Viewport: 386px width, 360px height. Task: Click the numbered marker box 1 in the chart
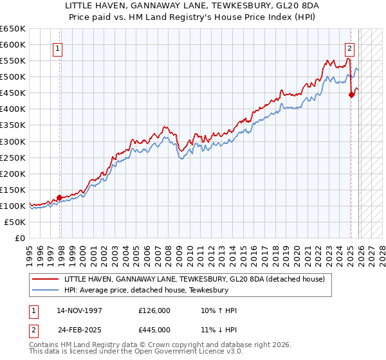[58, 48]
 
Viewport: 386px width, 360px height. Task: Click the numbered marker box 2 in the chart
[349, 48]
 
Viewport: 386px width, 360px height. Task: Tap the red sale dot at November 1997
[60, 197]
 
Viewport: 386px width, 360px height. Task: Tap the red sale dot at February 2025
[351, 94]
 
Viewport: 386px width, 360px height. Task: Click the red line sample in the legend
[46, 279]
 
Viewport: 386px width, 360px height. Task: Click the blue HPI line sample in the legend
[46, 291]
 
